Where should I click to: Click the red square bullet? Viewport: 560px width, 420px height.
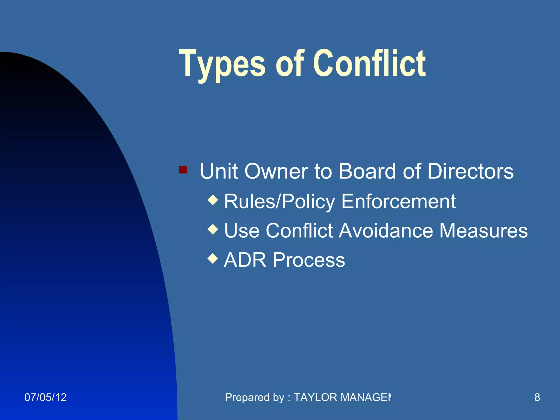coord(183,170)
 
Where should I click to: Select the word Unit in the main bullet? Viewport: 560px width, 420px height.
coord(219,171)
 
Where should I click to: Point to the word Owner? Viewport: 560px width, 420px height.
coord(276,171)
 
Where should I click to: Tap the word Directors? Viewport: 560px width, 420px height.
coord(470,171)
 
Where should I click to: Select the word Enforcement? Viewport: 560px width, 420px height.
coord(398,202)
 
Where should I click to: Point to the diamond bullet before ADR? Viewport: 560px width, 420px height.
coord(213,258)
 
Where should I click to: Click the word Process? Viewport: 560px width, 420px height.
coord(309,260)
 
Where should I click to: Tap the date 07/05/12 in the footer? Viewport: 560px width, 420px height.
coord(45,397)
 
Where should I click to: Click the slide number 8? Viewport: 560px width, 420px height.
coord(537,397)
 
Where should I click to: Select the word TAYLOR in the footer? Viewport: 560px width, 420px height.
coord(316,397)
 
